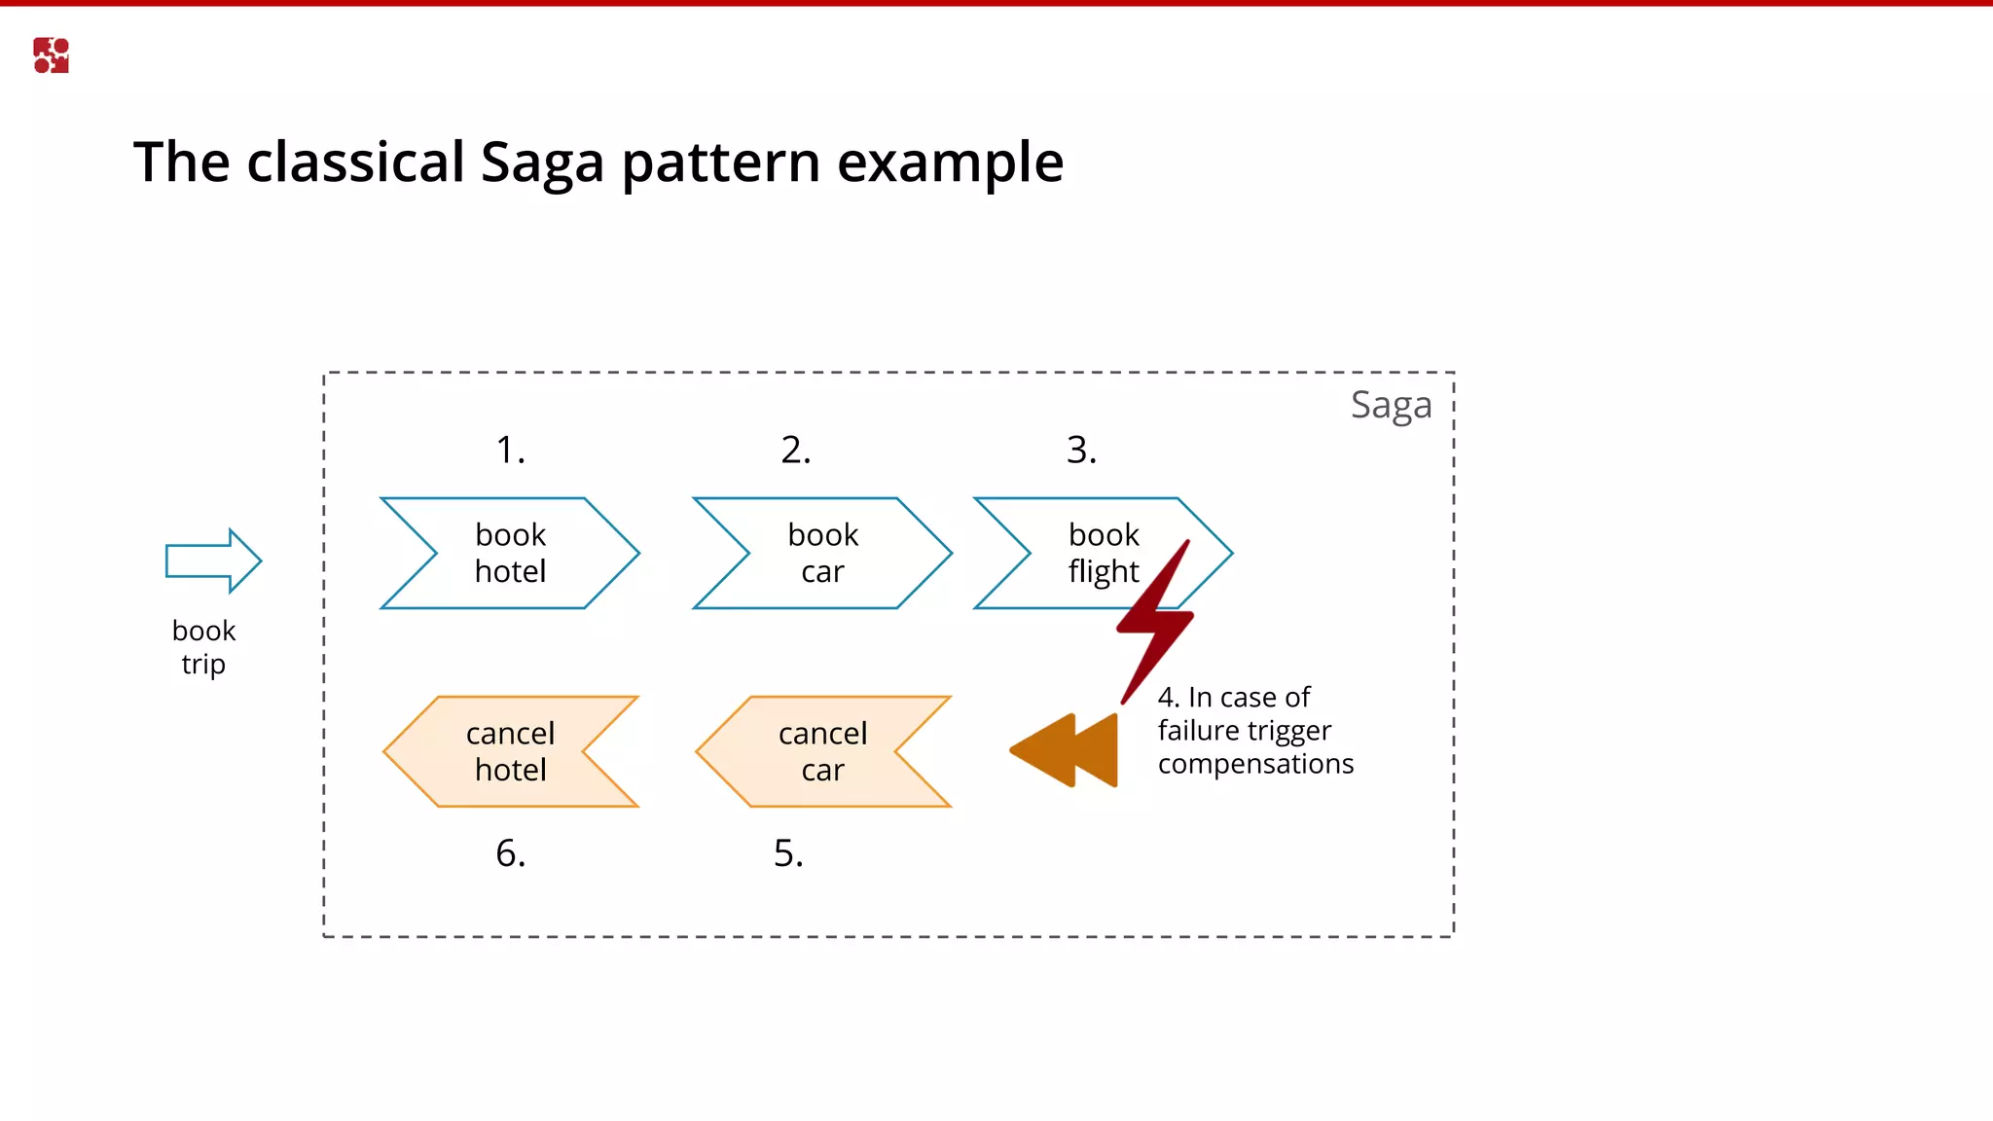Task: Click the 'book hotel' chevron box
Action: [x=510, y=553]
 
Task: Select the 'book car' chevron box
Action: [x=822, y=553]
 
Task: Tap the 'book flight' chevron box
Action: [x=1090, y=553]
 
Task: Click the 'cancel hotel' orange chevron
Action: [x=510, y=751]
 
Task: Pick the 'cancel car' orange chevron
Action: [x=822, y=751]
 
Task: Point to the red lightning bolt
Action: [x=1155, y=624]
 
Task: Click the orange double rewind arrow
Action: [x=1067, y=750]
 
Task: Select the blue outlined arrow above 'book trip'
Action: [x=213, y=560]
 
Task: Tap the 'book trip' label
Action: [x=203, y=647]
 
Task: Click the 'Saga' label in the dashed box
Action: [x=1391, y=405]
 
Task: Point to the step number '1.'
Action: [x=510, y=450]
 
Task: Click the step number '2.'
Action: [x=795, y=450]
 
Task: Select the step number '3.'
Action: [x=1081, y=450]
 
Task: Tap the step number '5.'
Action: [x=788, y=853]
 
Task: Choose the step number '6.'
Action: [x=510, y=853]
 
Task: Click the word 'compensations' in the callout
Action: [x=1255, y=764]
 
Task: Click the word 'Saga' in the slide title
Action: [x=542, y=163]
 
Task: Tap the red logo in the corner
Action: [x=51, y=55]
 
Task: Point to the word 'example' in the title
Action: [x=950, y=163]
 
